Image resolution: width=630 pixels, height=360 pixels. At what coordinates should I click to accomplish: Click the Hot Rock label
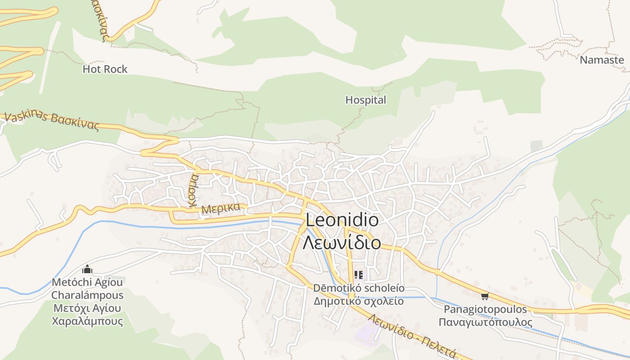105,69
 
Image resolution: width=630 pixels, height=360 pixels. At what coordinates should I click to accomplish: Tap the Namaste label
602,60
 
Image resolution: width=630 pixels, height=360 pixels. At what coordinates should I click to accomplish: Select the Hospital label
365,100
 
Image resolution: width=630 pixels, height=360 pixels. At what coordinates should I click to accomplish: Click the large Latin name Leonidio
342,220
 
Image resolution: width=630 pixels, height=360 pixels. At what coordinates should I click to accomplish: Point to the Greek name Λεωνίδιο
342,243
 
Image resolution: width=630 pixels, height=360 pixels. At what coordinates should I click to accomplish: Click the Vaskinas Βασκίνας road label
52,121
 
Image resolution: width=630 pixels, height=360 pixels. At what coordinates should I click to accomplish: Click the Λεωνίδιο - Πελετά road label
412,335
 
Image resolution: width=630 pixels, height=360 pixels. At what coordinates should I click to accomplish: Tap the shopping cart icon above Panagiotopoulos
485,296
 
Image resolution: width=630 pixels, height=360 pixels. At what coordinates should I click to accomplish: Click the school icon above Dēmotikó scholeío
359,274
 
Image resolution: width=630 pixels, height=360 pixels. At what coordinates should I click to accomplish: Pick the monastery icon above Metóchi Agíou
87,270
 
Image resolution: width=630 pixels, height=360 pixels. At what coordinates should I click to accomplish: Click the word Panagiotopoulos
485,310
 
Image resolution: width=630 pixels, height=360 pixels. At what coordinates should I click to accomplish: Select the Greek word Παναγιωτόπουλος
485,323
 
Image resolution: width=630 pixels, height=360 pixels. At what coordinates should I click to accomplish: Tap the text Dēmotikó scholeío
359,288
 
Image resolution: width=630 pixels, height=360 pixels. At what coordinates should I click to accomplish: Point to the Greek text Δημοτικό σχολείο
359,301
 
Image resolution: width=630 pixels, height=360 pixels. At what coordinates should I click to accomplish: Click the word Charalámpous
87,295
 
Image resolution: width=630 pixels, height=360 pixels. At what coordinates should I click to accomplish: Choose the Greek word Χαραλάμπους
87,321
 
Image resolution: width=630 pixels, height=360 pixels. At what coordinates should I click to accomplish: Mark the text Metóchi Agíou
87,282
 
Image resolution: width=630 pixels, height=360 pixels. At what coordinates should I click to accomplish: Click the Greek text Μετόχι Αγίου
87,308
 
